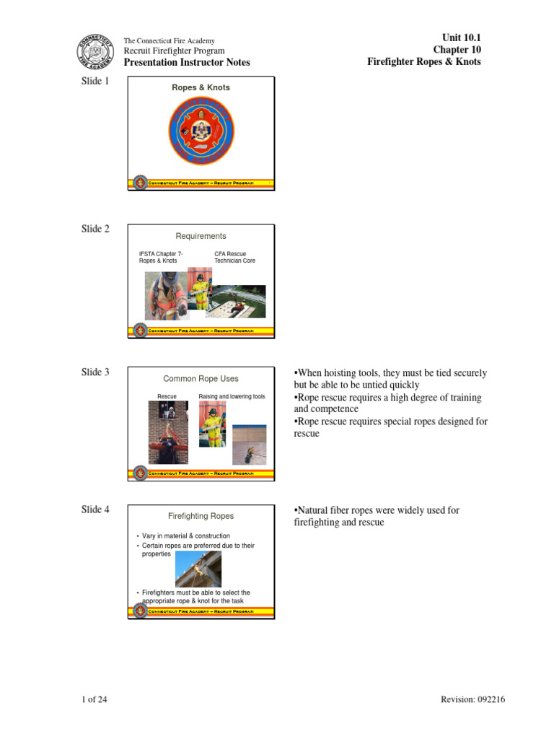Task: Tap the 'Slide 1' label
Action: click(95, 82)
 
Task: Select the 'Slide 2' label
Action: click(95, 229)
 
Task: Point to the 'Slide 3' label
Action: click(95, 372)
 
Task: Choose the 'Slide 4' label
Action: click(95, 510)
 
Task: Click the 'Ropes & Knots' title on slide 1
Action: click(201, 88)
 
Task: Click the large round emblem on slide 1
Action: click(201, 132)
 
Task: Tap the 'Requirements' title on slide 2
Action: click(201, 236)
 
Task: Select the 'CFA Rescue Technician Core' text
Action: click(234, 257)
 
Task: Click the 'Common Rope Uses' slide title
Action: click(201, 379)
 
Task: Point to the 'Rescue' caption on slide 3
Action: click(167, 397)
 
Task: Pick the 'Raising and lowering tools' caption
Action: click(232, 397)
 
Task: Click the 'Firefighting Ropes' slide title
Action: click(201, 516)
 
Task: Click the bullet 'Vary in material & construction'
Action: click(185, 536)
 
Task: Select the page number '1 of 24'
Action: click(94, 699)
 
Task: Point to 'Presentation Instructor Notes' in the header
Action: click(187, 63)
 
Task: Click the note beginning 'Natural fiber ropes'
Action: click(377, 516)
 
